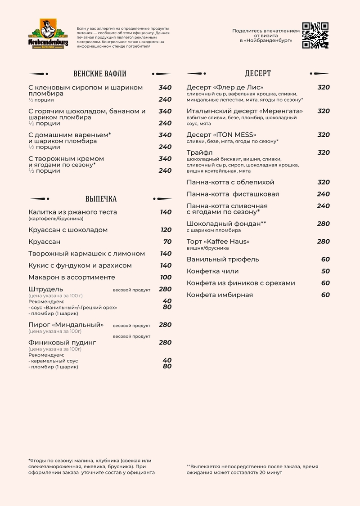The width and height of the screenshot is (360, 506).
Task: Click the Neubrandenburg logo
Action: point(48,34)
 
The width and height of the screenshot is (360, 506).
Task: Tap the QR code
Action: point(315,35)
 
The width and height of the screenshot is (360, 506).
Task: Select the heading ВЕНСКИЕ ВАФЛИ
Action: point(99,74)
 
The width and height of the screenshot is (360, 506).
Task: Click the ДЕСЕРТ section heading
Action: point(258,74)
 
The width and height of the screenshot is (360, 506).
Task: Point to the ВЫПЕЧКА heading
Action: point(101,199)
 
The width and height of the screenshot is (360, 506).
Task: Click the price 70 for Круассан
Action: point(167,242)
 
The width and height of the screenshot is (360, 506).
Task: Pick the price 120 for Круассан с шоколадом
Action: point(166,230)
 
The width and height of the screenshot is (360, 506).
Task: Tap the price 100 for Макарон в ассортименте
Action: point(166,278)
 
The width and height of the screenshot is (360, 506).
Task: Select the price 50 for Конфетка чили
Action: point(325,271)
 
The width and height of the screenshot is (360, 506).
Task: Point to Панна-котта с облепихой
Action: point(230,183)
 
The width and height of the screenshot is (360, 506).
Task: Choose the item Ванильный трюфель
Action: point(223,260)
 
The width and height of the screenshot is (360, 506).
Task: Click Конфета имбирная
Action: point(220,295)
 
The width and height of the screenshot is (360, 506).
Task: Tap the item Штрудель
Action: point(45,289)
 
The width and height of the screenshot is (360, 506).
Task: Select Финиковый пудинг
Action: point(62,343)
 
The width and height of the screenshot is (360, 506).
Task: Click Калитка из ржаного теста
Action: point(72,212)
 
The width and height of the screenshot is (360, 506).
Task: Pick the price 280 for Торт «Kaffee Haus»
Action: point(323,242)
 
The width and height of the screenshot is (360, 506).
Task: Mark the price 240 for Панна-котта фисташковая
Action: point(323,194)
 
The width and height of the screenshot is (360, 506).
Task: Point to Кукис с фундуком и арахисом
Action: point(80,266)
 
